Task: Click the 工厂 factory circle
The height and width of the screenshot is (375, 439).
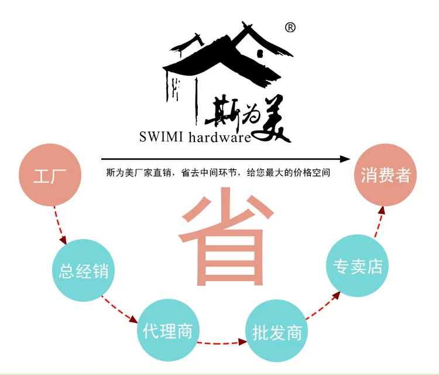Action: point(50,175)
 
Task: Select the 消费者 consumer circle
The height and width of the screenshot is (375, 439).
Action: point(386,175)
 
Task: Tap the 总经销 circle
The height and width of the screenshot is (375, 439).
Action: point(84,270)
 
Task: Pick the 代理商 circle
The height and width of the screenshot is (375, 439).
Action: point(168,330)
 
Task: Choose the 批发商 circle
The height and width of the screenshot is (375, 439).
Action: point(277,331)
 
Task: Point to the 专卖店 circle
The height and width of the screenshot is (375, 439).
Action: point(358,265)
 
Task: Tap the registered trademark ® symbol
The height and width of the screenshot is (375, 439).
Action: point(290,28)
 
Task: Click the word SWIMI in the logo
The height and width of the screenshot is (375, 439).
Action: point(161,137)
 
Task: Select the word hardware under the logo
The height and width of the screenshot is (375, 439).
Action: point(220,137)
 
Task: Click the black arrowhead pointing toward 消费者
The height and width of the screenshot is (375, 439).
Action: point(345,159)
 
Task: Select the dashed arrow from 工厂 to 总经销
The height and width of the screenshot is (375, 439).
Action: point(60,225)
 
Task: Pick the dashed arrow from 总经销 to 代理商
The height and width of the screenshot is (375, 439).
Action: point(119,309)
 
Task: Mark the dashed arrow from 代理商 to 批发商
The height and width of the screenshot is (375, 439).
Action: point(222,342)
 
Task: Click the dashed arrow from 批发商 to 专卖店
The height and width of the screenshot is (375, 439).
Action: point(323,305)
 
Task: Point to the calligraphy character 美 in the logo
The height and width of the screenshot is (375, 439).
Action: point(271,119)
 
